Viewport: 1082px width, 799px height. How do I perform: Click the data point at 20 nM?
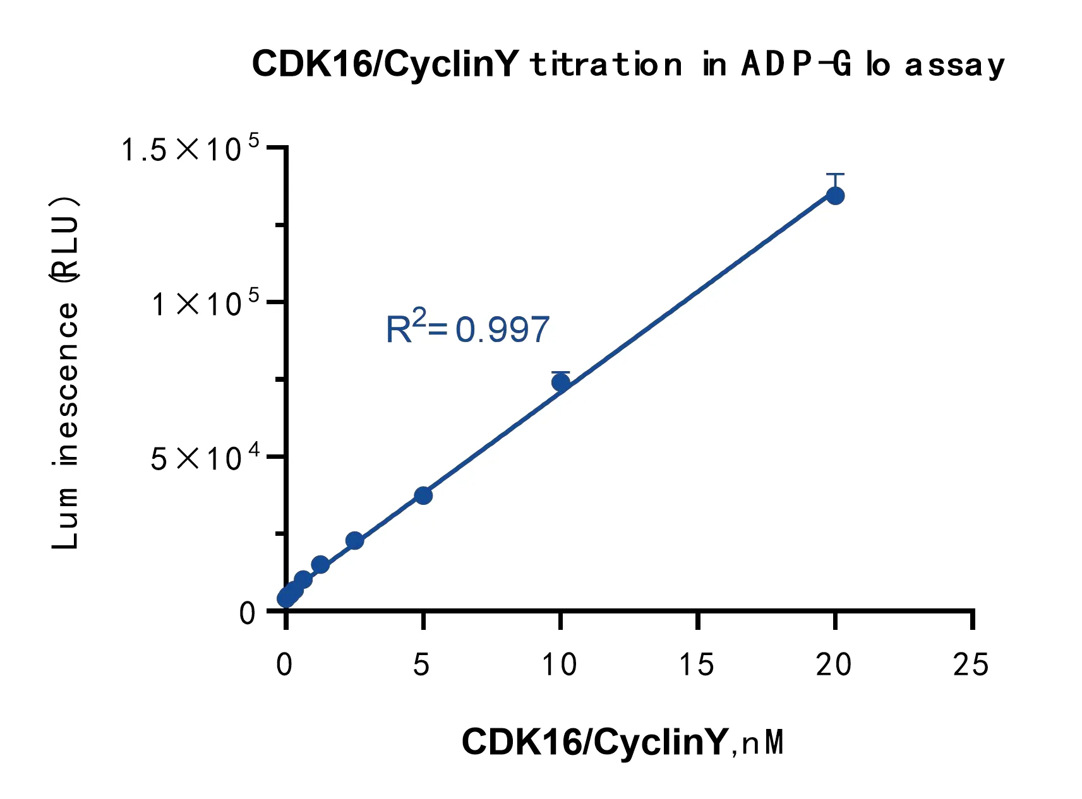[x=835, y=196]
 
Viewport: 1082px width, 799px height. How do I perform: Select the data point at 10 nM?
[x=561, y=382]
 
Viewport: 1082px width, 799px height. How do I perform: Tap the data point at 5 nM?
[x=423, y=495]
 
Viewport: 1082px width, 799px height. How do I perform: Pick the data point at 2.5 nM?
[x=354, y=540]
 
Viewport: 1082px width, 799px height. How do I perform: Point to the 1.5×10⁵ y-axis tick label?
[x=189, y=150]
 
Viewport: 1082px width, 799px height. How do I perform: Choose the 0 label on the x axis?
[x=285, y=665]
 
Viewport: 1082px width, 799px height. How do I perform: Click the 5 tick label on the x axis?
[x=422, y=665]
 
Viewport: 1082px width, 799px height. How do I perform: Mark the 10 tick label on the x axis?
[x=560, y=665]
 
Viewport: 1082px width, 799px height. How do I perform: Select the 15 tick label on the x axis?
[x=697, y=665]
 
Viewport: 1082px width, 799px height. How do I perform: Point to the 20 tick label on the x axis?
[x=834, y=665]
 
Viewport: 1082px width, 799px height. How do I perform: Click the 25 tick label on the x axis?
[x=971, y=665]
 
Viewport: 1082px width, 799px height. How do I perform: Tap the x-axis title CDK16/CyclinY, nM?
[x=623, y=742]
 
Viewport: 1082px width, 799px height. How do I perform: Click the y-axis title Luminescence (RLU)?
[x=65, y=372]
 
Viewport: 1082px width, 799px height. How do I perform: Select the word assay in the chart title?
[x=954, y=65]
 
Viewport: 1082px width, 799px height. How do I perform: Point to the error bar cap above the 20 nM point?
[x=835, y=174]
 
